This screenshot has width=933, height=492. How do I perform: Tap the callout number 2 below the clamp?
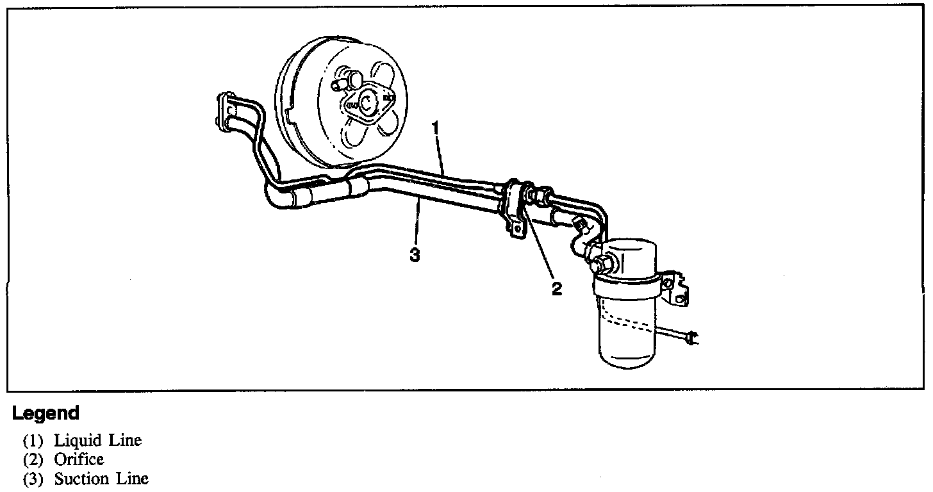pos(557,289)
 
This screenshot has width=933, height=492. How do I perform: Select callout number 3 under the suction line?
pos(415,255)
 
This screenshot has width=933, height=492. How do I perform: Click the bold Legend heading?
pos(45,413)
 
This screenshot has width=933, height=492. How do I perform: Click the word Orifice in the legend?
pos(79,459)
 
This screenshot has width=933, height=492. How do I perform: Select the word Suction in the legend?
pos(81,479)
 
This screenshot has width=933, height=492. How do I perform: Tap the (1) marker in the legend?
pos(33,441)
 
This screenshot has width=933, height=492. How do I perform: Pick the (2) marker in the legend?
pos(33,459)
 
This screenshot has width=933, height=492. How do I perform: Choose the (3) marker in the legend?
pos(33,479)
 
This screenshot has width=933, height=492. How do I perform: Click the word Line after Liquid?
pos(125,441)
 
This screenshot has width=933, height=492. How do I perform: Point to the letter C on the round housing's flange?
pos(367,102)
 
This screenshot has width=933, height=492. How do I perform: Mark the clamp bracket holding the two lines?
pos(513,208)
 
